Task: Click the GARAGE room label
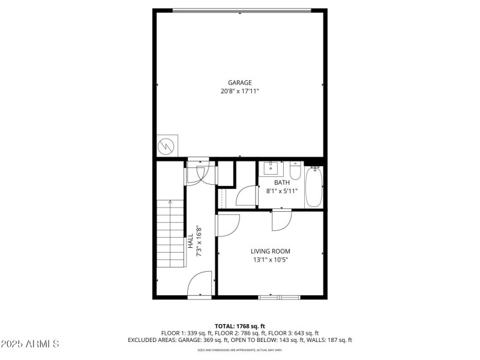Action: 239,83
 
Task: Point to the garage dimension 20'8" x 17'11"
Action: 239,91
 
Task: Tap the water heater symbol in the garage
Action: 166,146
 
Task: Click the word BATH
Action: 282,182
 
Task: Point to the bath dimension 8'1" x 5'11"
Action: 282,191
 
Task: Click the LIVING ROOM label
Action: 271,251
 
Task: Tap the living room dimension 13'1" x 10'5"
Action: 271,260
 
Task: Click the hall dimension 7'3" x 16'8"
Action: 199,241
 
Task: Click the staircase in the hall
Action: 170,234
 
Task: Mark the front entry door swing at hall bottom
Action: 201,284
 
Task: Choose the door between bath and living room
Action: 281,220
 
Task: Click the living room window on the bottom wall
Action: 279,296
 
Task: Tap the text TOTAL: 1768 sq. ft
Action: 239,326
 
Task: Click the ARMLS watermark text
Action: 30,344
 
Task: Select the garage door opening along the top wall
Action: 241,10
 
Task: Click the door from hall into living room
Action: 227,226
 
